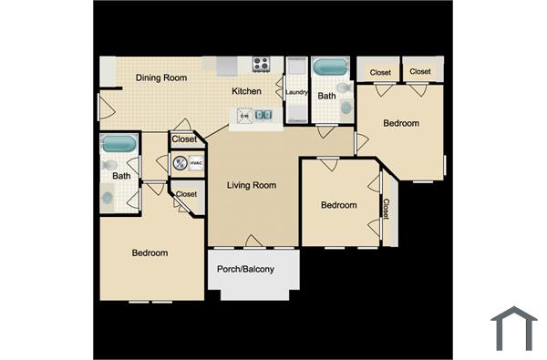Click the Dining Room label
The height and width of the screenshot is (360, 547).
pyautogui.click(x=161, y=78)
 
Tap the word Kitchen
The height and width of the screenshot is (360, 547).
pyautogui.click(x=246, y=91)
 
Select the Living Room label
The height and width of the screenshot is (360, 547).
pyautogui.click(x=251, y=186)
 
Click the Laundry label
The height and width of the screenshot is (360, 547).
pyautogui.click(x=296, y=92)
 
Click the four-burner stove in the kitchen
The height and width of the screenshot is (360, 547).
pyautogui.click(x=261, y=64)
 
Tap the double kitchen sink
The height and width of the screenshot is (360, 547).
pyautogui.click(x=263, y=115)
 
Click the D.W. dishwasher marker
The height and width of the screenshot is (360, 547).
pyautogui.click(x=243, y=115)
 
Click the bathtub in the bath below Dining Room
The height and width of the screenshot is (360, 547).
pyautogui.click(x=119, y=143)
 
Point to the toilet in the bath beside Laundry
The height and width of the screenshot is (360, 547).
pyautogui.click(x=343, y=108)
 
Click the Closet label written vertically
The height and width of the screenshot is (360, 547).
pyautogui.click(x=386, y=210)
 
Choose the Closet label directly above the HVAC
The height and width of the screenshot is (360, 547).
pyautogui.click(x=184, y=139)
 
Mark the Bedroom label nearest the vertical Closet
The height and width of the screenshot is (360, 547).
pyautogui.click(x=338, y=206)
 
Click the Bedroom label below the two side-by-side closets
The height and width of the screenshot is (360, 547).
pyautogui.click(x=401, y=123)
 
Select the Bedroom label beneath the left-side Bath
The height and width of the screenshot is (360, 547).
pyautogui.click(x=150, y=252)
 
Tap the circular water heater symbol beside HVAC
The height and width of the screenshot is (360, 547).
pyautogui.click(x=180, y=163)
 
